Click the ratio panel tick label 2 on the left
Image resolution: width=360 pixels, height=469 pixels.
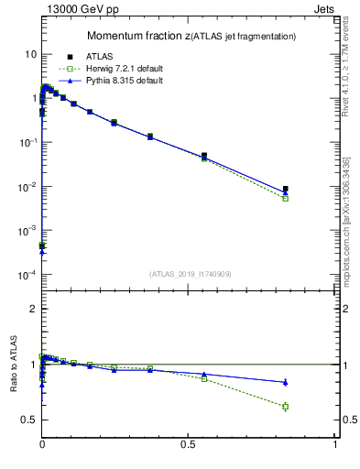pyautogui.click(x=33, y=309)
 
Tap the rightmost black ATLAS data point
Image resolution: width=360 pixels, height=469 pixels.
pyautogui.click(x=286, y=190)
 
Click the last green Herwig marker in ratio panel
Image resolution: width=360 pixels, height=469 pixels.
pyautogui.click(x=286, y=407)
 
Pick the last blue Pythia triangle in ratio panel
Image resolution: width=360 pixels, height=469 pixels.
pyautogui.click(x=286, y=382)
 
